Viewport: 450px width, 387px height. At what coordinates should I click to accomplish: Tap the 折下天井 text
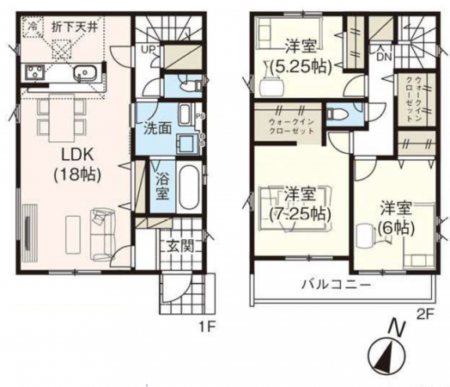(x=78, y=28)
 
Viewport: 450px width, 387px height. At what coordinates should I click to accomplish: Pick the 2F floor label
(x=426, y=313)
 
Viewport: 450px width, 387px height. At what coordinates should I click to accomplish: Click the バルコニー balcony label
(x=335, y=285)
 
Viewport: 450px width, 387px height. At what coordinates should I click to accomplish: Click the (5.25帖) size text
(x=298, y=64)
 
